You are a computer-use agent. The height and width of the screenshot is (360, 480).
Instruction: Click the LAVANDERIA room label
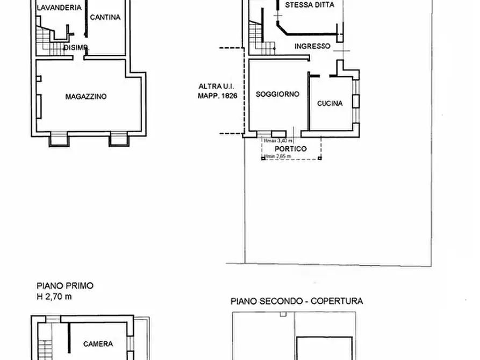pyautogui.click(x=59, y=8)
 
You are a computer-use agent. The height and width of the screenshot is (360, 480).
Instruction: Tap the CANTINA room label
pyautogui.click(x=105, y=17)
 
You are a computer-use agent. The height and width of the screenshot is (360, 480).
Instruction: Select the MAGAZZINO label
pyautogui.click(x=86, y=97)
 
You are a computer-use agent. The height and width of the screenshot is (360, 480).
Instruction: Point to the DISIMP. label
pyautogui.click(x=75, y=47)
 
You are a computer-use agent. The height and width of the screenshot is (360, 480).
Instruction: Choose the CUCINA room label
pyautogui.click(x=329, y=104)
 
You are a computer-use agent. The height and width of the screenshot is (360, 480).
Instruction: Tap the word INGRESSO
pyautogui.click(x=312, y=46)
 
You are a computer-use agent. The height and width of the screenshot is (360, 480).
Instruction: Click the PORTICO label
pyautogui.click(x=290, y=149)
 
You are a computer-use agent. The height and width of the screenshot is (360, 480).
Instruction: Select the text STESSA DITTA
pyautogui.click(x=309, y=5)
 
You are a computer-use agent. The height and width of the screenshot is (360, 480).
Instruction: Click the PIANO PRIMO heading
pyautogui.click(x=65, y=286)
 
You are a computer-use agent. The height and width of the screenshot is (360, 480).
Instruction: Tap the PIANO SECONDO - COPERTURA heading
pyautogui.click(x=297, y=301)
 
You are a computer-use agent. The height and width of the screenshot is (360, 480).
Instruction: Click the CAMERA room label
pyautogui.click(x=98, y=344)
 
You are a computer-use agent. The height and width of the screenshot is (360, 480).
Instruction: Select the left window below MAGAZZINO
pyautogui.click(x=59, y=140)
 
